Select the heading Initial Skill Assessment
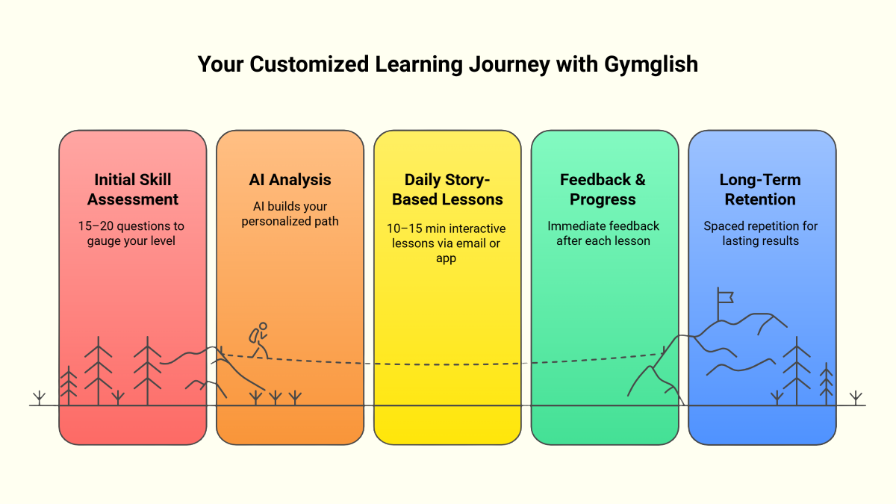(133, 190)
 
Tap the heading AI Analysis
(290, 180)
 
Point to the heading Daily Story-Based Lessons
(447, 190)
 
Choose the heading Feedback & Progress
(603, 190)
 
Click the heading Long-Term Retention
(760, 190)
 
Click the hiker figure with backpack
(259, 340)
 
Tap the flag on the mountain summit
(724, 296)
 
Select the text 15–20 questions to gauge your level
(131, 233)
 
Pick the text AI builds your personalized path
(290, 214)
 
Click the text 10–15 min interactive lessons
(447, 235)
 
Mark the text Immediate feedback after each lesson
(603, 233)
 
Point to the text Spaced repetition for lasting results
(760, 233)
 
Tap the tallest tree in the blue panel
(797, 370)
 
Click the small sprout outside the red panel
(40, 397)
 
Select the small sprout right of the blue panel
(856, 397)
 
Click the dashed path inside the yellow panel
(447, 364)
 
